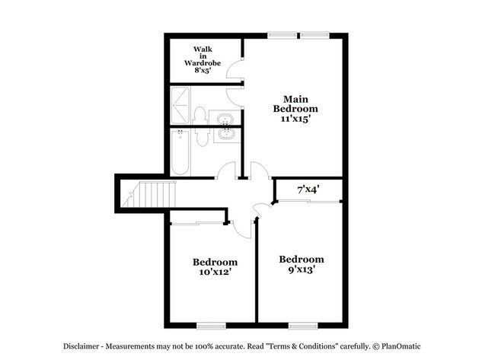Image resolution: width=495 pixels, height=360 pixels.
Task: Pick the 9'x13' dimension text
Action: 301,269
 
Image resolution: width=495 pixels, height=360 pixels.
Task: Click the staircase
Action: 150,194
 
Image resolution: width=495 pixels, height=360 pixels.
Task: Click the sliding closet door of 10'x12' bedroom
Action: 197,223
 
